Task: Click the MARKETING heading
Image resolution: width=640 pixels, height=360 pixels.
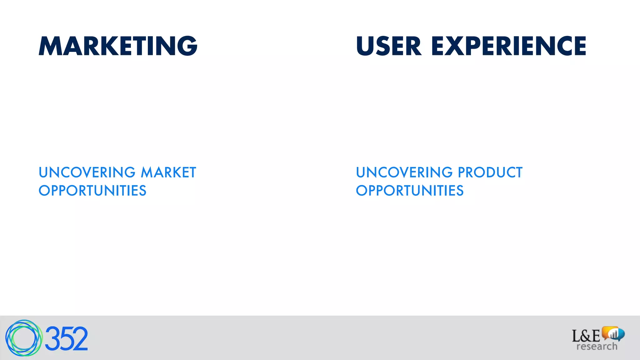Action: pyautogui.click(x=118, y=46)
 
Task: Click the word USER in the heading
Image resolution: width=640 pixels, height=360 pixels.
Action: pyautogui.click(x=389, y=46)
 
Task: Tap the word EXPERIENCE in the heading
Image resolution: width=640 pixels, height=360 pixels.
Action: pyautogui.click(x=508, y=46)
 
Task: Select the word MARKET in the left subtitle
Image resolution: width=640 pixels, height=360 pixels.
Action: pyautogui.click(x=168, y=172)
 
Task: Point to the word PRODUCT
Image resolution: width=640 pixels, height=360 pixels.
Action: pyautogui.click(x=490, y=172)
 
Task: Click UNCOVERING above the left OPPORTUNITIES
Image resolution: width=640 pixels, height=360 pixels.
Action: pyautogui.click(x=87, y=172)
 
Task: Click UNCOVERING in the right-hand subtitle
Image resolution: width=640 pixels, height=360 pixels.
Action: pyautogui.click(x=404, y=172)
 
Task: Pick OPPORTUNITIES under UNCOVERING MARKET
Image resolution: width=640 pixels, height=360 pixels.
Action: pyautogui.click(x=92, y=191)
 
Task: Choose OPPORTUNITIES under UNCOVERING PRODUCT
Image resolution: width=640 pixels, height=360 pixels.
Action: pyautogui.click(x=410, y=191)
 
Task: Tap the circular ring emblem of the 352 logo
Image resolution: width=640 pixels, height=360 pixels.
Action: pyautogui.click(x=23, y=338)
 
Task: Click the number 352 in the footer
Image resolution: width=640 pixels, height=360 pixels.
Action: pyautogui.click(x=66, y=339)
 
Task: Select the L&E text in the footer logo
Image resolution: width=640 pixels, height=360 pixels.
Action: pyautogui.click(x=586, y=336)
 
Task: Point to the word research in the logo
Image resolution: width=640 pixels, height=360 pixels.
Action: pyautogui.click(x=597, y=346)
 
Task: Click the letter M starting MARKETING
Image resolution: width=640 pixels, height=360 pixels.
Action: pyautogui.click(x=51, y=46)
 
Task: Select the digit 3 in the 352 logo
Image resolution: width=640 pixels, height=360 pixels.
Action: pyautogui.click(x=52, y=339)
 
